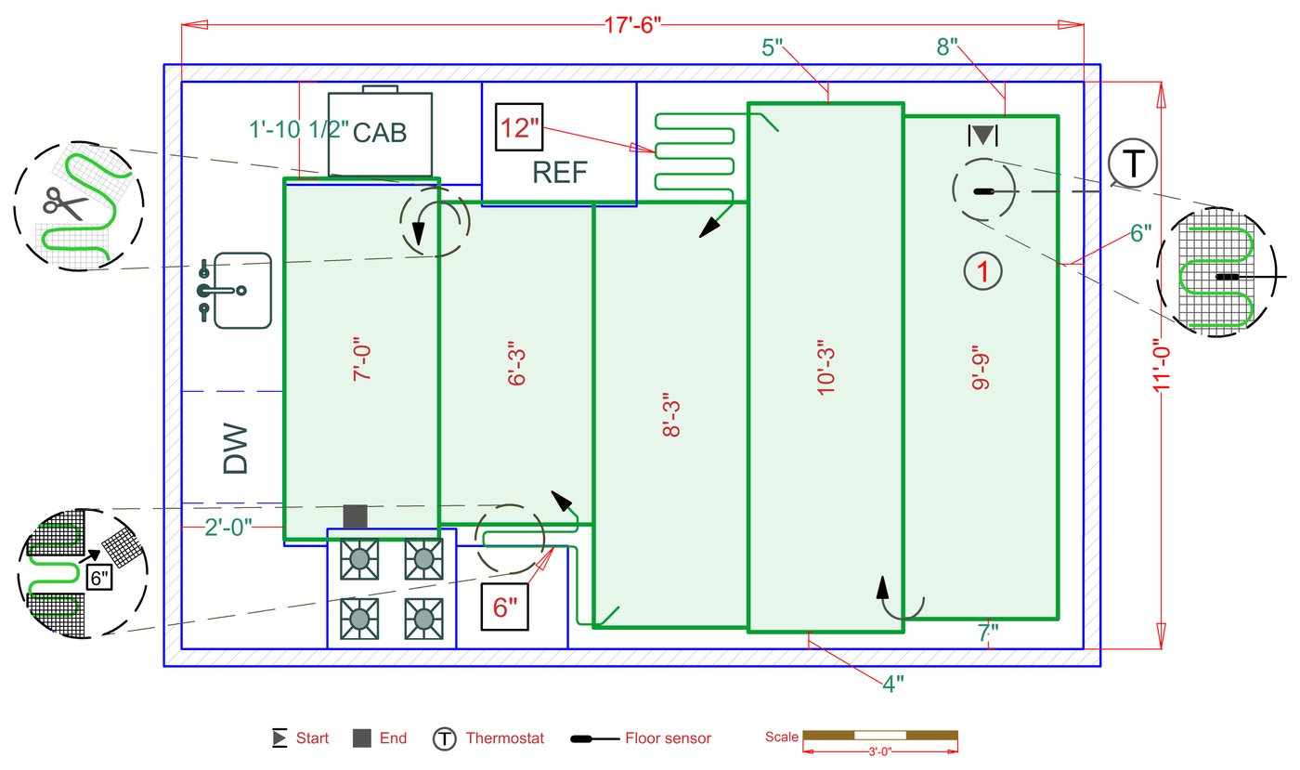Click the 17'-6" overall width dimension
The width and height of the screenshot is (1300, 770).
632,25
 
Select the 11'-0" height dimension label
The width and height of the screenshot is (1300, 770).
1162,366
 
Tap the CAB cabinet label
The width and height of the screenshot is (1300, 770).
380,133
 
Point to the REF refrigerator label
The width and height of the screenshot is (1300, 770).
559,173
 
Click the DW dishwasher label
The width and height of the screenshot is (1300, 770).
236,449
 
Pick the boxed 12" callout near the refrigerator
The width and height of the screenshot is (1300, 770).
519,128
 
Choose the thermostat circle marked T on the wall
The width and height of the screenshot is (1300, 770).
1133,163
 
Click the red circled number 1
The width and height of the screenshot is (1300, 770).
982,271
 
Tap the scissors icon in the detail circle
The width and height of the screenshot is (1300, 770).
64,203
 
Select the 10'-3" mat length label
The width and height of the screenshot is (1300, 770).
825,368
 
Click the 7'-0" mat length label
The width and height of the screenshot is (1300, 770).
361,359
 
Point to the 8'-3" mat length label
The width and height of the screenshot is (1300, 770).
671,415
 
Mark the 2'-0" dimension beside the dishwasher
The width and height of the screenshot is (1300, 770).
228,528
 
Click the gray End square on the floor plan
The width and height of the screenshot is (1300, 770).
355,516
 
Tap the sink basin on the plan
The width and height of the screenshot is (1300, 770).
242,291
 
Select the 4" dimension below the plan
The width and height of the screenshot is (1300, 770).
893,684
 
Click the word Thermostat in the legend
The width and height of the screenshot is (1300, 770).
504,738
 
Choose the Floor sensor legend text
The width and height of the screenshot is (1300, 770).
668,738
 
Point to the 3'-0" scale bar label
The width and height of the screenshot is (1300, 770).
880,752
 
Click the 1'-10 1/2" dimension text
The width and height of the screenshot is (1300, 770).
299,129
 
